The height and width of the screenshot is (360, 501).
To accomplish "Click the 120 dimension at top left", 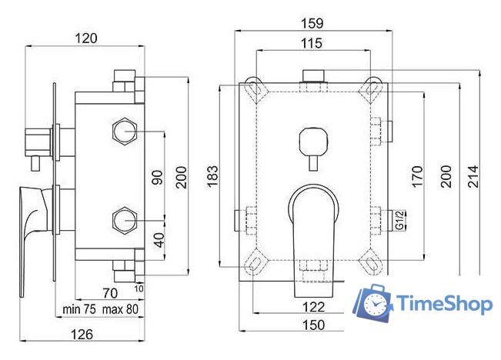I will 85,37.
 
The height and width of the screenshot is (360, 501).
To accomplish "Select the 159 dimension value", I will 314,23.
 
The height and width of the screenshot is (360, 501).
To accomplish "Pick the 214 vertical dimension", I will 472,176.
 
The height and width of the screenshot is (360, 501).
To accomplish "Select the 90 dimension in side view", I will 156,177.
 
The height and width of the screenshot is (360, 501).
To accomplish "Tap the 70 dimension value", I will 109,292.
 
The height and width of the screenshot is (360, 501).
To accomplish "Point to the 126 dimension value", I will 83,334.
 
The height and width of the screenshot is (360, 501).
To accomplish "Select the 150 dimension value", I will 312,326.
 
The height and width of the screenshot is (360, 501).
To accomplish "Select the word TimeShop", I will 444,304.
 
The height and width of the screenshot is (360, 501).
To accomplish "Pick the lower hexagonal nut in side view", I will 123,221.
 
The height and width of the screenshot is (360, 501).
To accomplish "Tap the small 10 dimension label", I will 139,288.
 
